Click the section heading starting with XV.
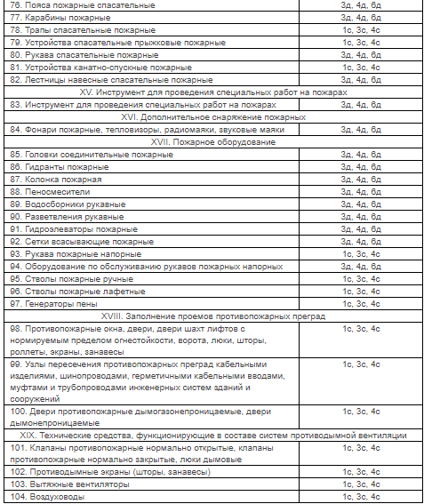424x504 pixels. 212,92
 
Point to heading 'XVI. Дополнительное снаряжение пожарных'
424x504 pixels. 212,117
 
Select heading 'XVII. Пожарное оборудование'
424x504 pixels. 212,142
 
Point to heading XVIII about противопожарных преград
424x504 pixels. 212,316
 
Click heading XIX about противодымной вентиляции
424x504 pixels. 212,436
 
